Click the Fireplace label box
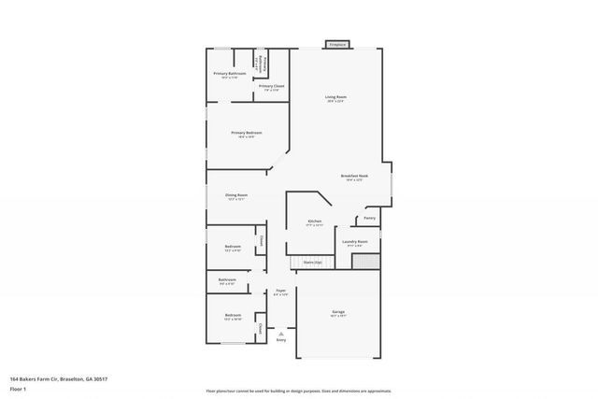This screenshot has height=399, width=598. pos(336,44)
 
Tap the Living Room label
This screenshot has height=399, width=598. pos(336,98)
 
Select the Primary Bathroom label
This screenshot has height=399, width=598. pos(230,75)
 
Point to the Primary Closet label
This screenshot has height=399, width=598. pos(272,87)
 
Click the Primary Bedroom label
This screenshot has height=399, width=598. pos(247,134)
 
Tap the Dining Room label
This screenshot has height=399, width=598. pos(236,196)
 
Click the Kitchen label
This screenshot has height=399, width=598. pos(315,222)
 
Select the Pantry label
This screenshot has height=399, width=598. pos(370,219)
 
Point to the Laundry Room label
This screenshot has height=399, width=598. pos(355,242)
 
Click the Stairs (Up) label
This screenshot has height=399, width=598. pos(312,263)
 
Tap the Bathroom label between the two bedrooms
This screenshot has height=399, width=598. pos(227,280)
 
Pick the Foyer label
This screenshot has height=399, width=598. pos(280,292)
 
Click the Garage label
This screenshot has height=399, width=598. pos(338,311)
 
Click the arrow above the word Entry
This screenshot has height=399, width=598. pos(281,333)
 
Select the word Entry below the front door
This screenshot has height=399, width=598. pos(281,340)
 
